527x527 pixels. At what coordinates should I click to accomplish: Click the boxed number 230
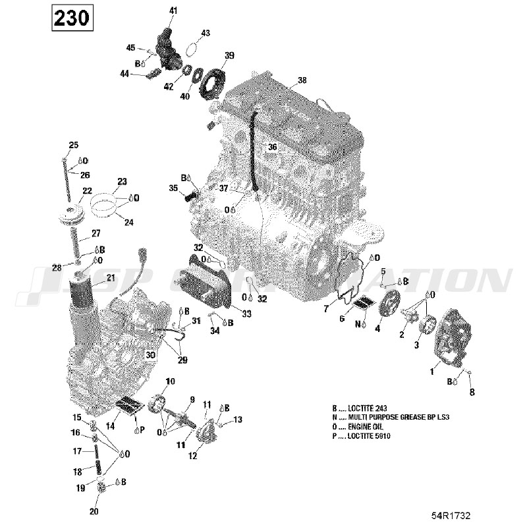point(71,18)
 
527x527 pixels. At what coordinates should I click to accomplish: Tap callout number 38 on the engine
point(302,80)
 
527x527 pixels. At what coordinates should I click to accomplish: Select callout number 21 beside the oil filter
point(110,277)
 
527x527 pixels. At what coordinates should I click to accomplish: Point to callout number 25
point(73,145)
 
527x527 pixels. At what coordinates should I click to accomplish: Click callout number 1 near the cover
point(432,372)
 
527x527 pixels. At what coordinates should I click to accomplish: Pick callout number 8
point(471,393)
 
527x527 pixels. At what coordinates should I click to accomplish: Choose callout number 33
point(246,314)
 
